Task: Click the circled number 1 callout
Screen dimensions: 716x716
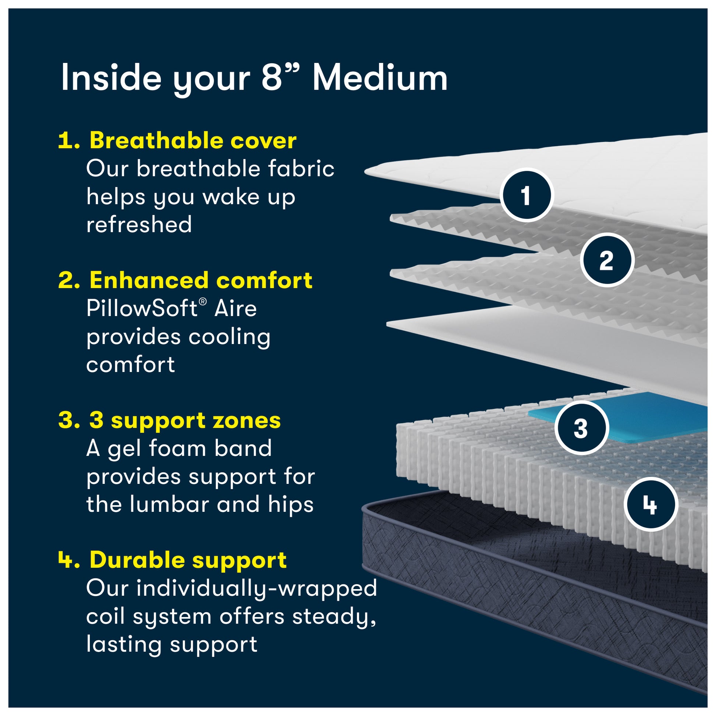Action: (x=526, y=195)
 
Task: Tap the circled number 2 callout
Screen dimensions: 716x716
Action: (x=607, y=260)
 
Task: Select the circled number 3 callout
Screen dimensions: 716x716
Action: (x=581, y=428)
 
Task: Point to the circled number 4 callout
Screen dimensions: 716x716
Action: (x=651, y=504)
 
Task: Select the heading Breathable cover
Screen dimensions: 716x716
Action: (x=193, y=141)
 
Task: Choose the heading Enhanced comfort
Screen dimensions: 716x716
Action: (x=201, y=280)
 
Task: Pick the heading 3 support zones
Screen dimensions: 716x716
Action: (x=185, y=421)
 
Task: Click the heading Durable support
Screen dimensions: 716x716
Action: (x=188, y=560)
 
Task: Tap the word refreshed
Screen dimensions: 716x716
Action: (x=139, y=224)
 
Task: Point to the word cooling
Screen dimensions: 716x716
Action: (x=229, y=338)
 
